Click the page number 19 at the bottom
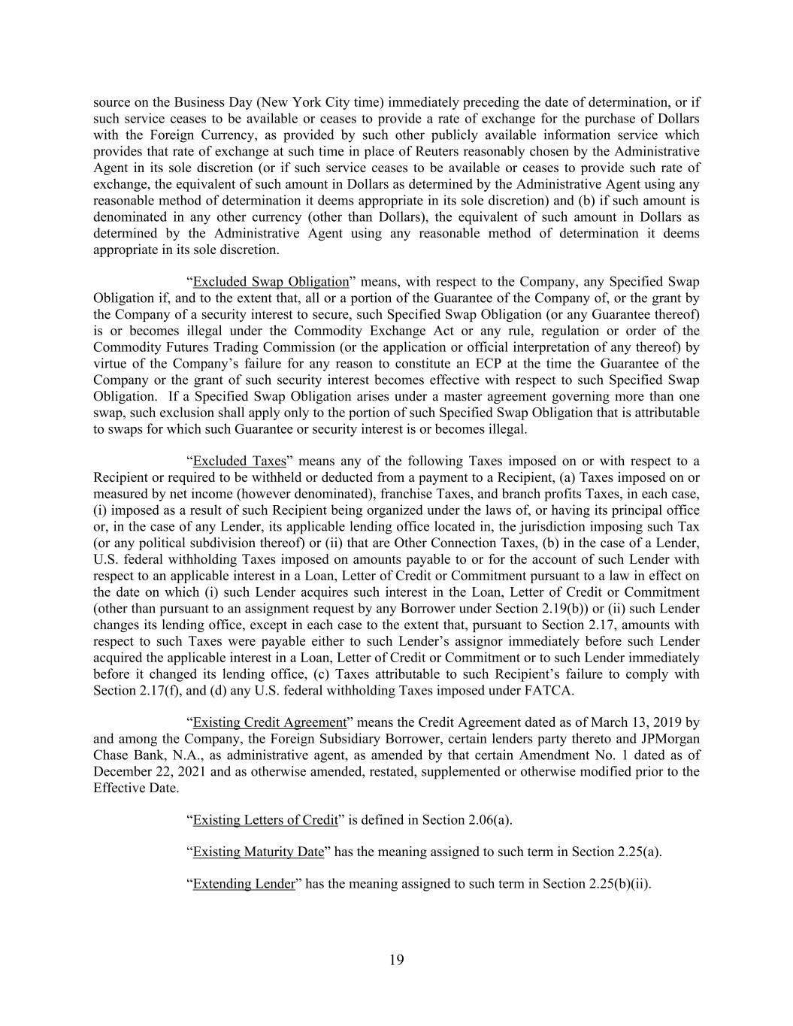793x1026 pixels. (x=397, y=960)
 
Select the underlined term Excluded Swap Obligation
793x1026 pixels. (x=271, y=282)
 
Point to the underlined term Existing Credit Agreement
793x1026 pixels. (x=269, y=722)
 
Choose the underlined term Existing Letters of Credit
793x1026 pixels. (x=265, y=819)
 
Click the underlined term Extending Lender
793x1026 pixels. (x=244, y=884)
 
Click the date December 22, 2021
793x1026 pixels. (x=150, y=771)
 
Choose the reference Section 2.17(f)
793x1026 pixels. (x=138, y=690)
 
